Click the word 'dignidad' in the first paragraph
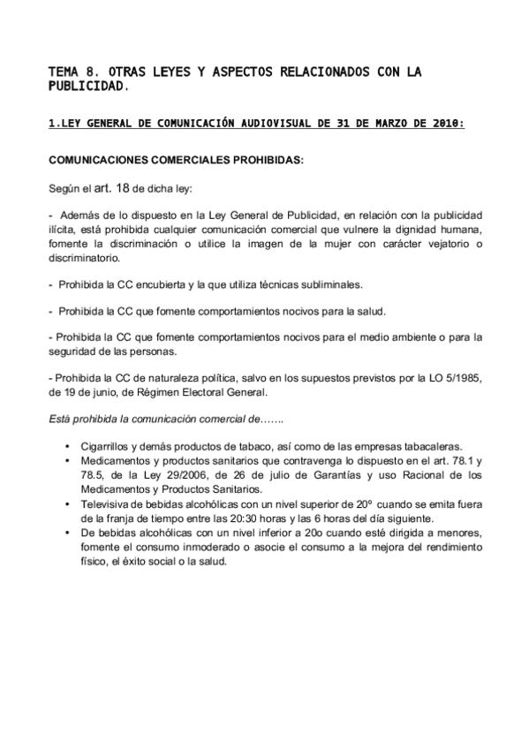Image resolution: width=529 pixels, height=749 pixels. point(394,229)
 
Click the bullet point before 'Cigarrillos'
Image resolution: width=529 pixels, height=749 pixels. point(68,448)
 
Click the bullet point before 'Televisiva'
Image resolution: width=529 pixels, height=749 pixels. point(68,504)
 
